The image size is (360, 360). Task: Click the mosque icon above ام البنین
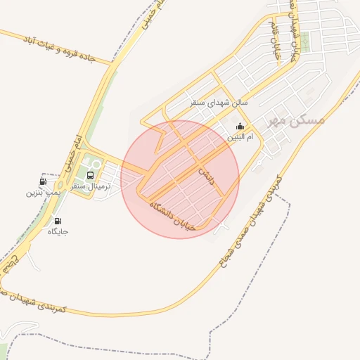click(241, 127)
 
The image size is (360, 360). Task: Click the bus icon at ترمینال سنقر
click(90, 175)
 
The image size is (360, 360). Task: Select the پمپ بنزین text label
click(44, 191)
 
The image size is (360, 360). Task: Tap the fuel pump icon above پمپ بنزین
click(44, 181)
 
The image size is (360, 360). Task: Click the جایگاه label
click(58, 231)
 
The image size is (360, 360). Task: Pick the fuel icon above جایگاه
click(57, 221)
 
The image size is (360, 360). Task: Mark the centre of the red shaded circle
click(180, 179)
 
